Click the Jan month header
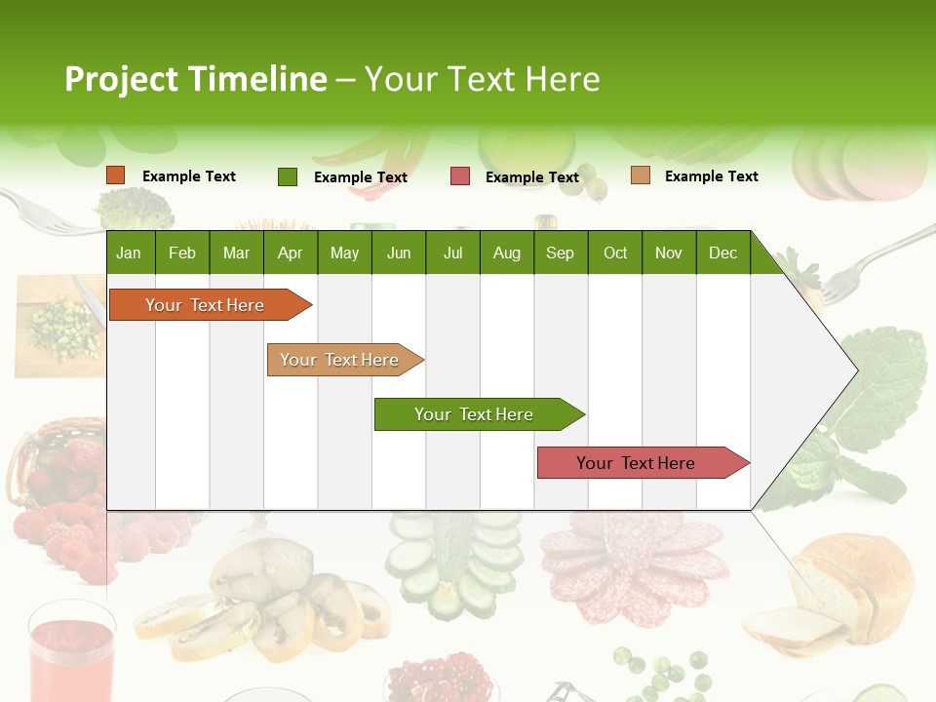point(129,253)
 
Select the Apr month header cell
point(290,253)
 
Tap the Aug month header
point(506,253)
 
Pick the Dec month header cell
point(722,253)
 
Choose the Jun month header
point(398,253)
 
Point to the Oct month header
point(614,253)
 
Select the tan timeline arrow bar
point(341,360)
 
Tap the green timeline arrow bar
point(476,414)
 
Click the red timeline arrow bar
point(639,463)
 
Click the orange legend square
point(116,175)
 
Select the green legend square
point(288,176)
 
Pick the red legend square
point(459,176)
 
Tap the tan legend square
point(640,175)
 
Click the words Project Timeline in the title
point(195,79)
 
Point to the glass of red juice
point(70,648)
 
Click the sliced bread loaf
point(838,595)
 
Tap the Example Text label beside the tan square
point(711,175)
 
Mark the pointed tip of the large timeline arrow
point(856,370)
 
